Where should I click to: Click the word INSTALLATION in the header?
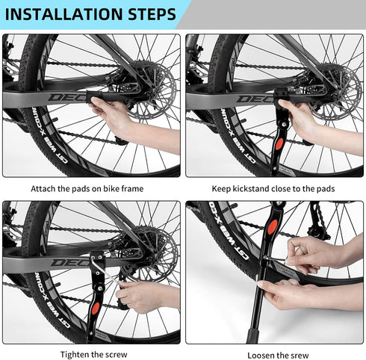[63, 14]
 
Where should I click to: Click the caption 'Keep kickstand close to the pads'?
[274, 189]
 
